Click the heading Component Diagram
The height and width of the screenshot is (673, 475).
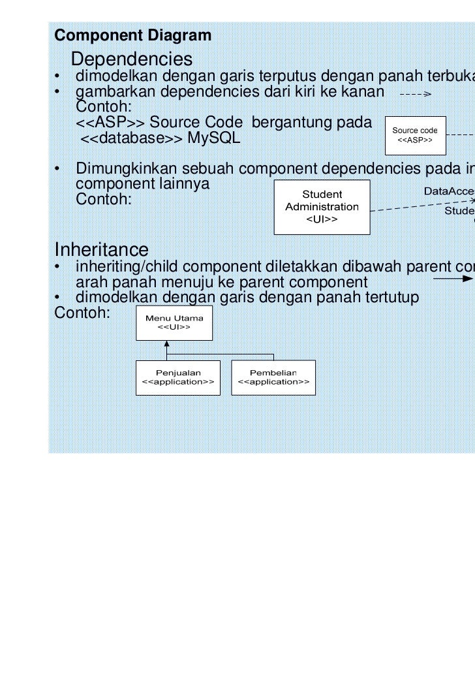133,35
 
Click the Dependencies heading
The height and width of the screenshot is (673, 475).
131,59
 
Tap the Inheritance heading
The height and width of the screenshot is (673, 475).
101,249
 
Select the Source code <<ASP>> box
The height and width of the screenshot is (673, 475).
415,135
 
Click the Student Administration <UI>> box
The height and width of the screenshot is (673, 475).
322,207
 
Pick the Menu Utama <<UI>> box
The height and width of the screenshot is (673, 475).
174,322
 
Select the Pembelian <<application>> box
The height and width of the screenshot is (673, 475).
273,377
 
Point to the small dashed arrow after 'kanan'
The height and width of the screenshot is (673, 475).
415,94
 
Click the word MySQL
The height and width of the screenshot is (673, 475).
214,138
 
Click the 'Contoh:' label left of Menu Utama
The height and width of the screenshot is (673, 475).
82,313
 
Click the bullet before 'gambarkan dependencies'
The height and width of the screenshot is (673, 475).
58,92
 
